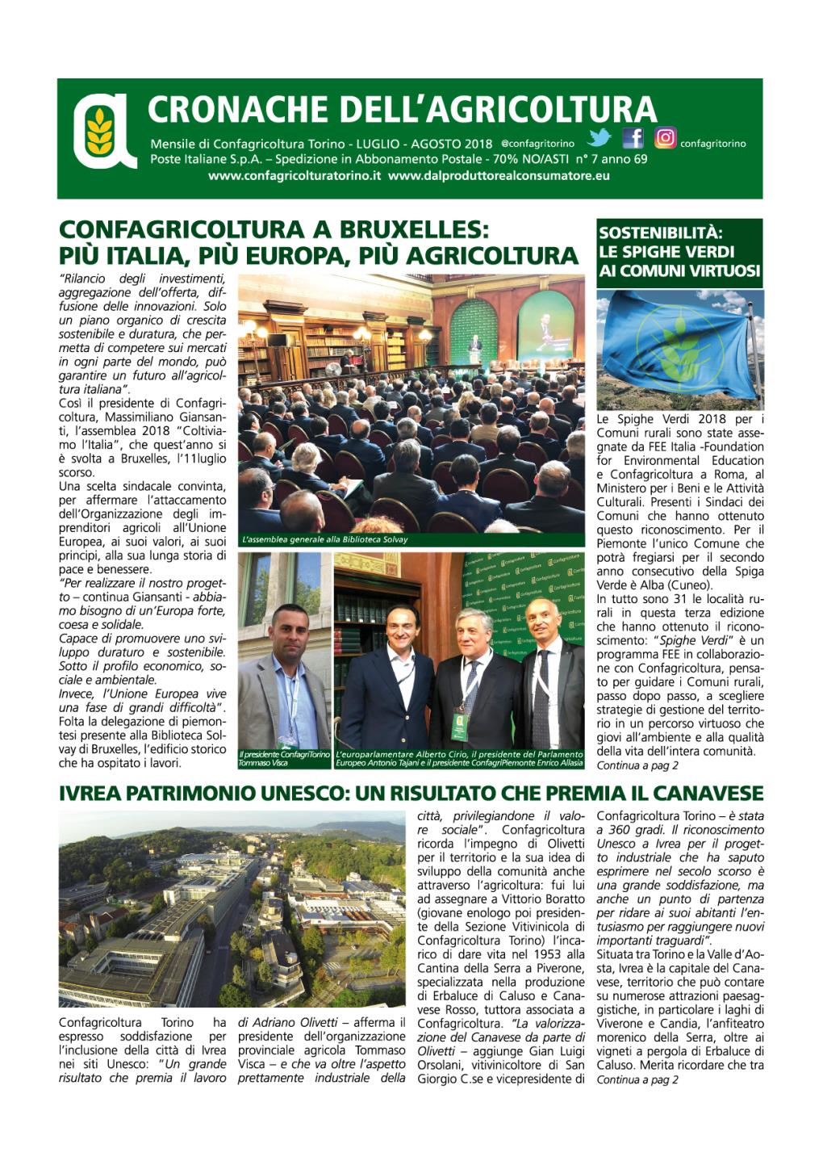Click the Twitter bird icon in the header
pyautogui.click(x=599, y=138)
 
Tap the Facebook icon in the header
pyautogui.click(x=633, y=138)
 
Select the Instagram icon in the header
pyautogui.click(x=665, y=138)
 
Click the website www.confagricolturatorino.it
pyautogui.click(x=294, y=175)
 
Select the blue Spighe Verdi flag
pyautogui.click(x=678, y=347)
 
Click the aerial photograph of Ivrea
pyautogui.click(x=232, y=908)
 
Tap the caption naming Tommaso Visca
pyautogui.click(x=284, y=758)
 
